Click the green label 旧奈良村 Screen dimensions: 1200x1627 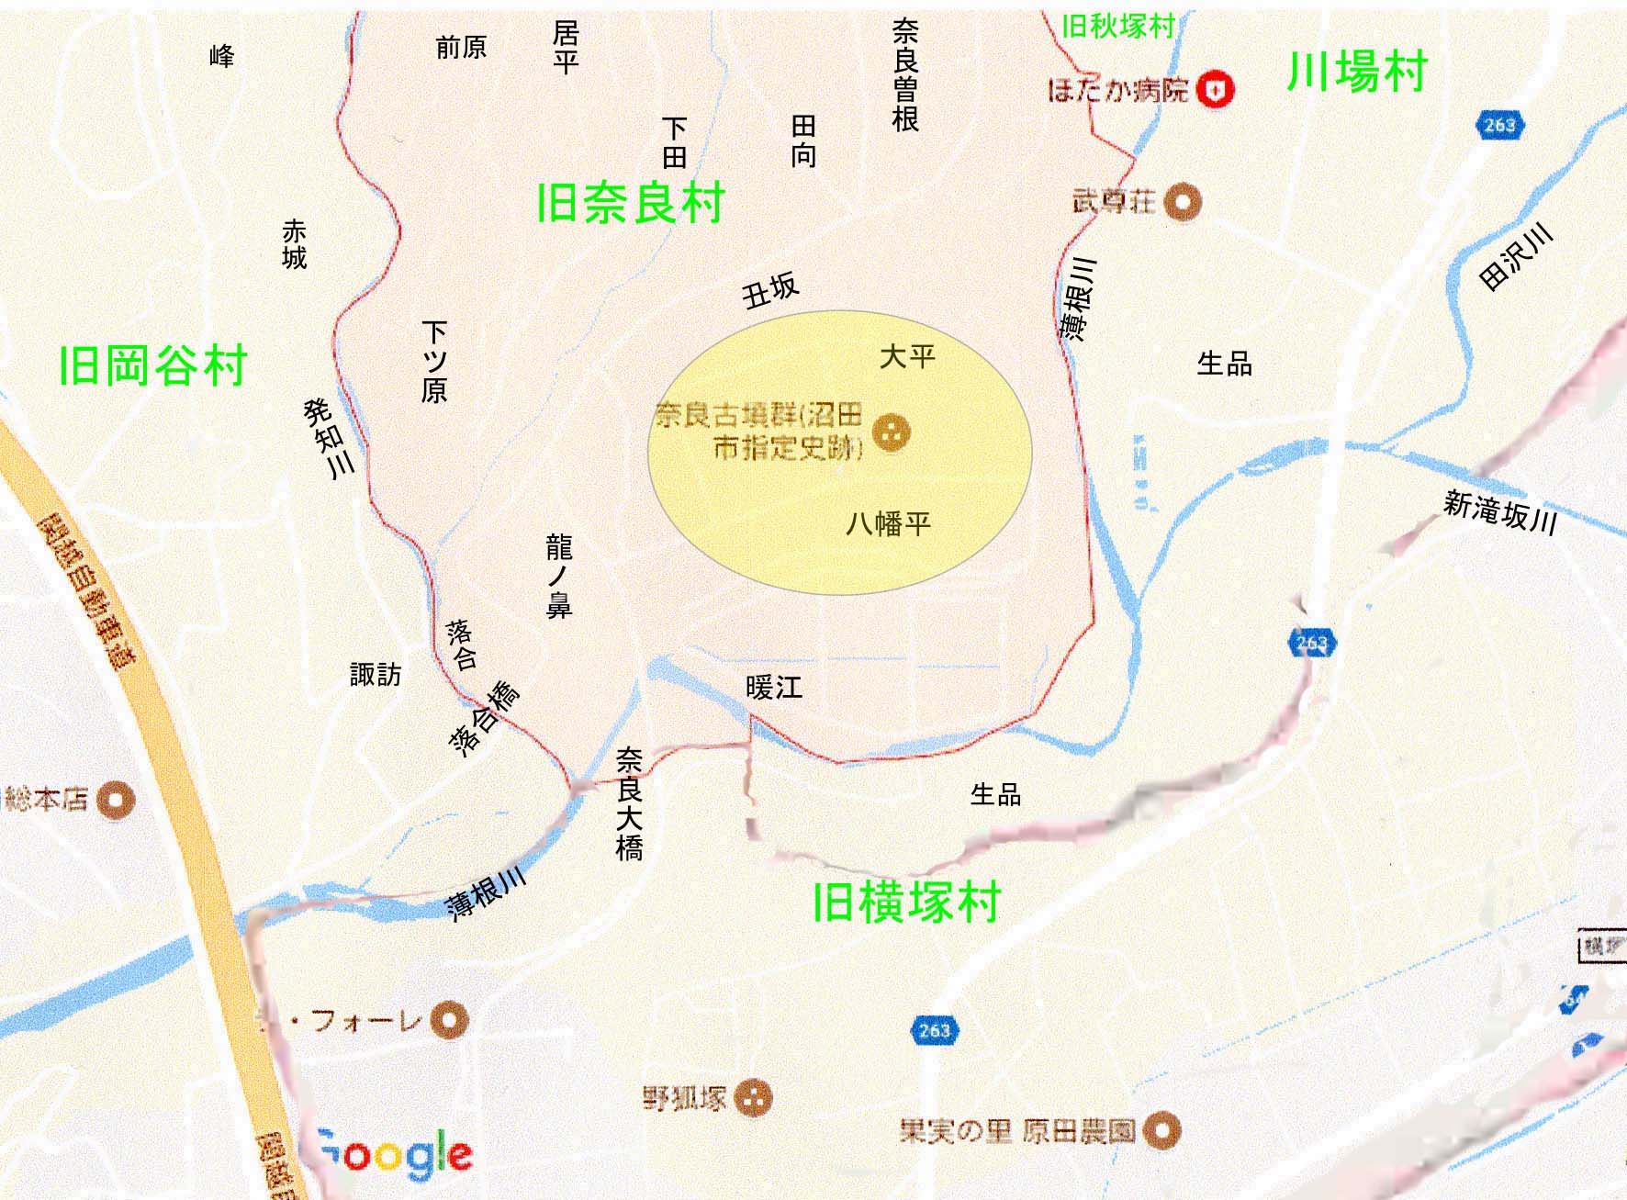631,203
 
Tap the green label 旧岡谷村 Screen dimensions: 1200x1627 152,365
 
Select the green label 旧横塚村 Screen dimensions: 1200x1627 906,902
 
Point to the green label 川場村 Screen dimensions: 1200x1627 1356,72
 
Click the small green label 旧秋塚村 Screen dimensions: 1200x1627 1117,27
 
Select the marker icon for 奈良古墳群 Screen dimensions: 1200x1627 890,432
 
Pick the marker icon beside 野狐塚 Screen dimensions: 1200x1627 755,1097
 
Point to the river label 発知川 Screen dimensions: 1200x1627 328,438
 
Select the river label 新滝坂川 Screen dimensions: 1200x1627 1499,511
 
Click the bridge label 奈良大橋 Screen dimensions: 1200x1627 629,803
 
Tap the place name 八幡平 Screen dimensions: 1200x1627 888,524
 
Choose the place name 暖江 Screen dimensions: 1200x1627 774,688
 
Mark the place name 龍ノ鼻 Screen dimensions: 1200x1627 558,577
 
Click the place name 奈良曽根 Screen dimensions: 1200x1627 904,75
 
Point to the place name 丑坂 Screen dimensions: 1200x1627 770,291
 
